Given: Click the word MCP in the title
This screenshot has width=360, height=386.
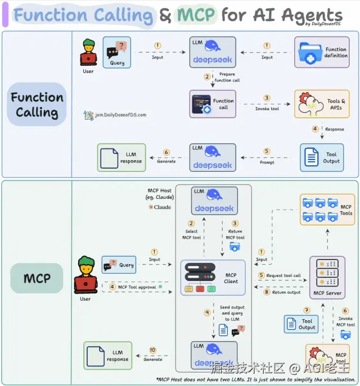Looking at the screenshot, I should pos(196,15).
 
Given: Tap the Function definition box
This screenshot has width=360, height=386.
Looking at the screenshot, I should pos(322,53).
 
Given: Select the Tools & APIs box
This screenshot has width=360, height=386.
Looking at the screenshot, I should pos(322,104).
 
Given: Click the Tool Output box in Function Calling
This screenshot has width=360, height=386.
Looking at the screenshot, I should pos(322,157).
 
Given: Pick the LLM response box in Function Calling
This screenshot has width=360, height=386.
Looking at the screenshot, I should pos(121,157).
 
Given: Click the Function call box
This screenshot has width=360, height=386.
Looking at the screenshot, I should pos(213,104).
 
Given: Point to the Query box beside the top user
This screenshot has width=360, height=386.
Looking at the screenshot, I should pos(117,53).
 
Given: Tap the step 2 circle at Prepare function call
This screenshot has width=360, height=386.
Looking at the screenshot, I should pos(208,76).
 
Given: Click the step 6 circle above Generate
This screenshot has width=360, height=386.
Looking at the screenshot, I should pos(166,152).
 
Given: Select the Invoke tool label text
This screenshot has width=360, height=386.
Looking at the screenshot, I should pos(267,108).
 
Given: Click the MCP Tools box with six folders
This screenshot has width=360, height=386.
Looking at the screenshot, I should pos(327,210).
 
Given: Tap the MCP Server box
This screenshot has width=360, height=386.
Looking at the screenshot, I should pos(327,277).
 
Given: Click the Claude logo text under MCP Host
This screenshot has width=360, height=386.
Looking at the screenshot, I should pos(160,207).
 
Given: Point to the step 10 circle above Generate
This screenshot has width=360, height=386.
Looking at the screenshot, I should pos(152,351).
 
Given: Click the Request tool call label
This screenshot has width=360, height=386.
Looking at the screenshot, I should pos(283,275).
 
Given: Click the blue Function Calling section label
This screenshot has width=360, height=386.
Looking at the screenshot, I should pos(37,105).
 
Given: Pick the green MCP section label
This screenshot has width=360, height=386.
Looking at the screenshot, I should pos(37,278).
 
